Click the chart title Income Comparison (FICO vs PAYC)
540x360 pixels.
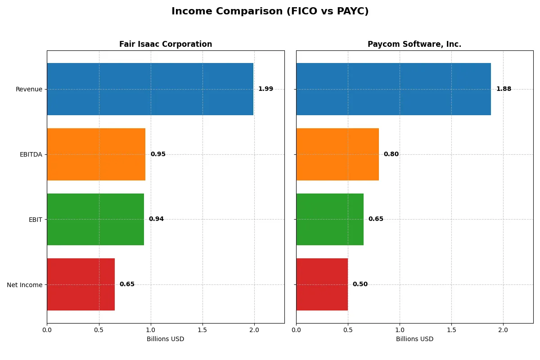[x=270, y=12]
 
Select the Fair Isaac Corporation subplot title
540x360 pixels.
[x=166, y=44]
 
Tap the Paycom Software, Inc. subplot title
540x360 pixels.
[x=414, y=44]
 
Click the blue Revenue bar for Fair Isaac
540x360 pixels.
[x=150, y=89]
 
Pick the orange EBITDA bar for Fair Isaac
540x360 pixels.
[x=96, y=154]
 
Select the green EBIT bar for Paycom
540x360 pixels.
[x=330, y=219]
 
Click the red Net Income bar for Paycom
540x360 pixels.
[x=322, y=284]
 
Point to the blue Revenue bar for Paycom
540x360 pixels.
[x=393, y=89]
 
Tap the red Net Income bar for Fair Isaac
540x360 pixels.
[x=81, y=284]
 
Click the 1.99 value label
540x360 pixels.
[x=265, y=89]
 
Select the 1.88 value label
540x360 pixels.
[x=504, y=89]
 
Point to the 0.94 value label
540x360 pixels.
[x=156, y=219]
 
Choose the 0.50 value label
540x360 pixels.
[x=360, y=284]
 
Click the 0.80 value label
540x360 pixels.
[x=391, y=154]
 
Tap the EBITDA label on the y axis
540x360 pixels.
[x=31, y=154]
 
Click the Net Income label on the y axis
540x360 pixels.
[x=24, y=284]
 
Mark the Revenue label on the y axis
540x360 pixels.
[x=29, y=89]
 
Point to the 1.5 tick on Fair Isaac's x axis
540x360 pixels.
[x=202, y=330]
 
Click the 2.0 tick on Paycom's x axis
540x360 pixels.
[x=503, y=330]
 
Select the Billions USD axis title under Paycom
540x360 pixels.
[x=414, y=339]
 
